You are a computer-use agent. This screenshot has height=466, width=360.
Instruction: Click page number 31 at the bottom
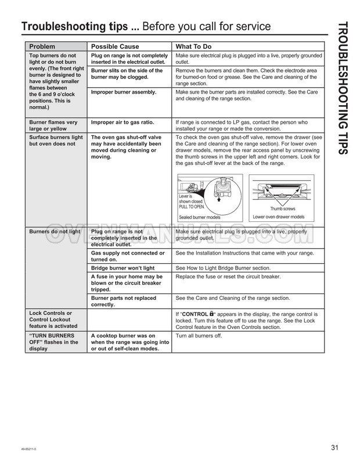334,447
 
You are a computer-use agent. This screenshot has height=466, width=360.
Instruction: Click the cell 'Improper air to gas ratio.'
124,123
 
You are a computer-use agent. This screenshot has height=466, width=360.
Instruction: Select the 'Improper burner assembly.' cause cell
124,92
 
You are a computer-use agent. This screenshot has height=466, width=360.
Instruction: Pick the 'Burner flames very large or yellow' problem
53,126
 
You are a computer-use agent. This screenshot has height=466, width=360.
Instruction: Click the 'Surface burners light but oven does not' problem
56,139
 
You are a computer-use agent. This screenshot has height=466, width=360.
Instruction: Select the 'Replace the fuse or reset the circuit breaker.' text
228,277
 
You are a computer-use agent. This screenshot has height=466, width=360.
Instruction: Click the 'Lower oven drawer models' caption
279,217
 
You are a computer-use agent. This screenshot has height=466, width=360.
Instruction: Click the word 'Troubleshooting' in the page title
63,27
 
